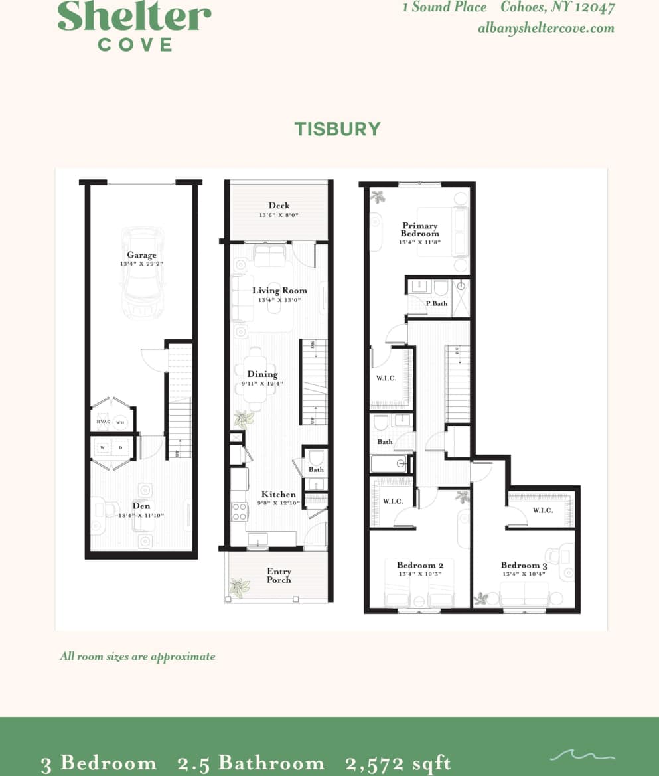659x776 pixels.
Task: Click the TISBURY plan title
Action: pos(337,128)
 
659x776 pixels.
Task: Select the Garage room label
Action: pos(142,255)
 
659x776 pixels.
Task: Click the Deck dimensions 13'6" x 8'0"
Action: pos(279,215)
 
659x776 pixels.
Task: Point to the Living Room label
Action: pos(279,290)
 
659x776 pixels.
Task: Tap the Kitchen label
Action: pos(279,495)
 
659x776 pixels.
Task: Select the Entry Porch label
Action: pos(279,575)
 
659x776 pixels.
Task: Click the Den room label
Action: pos(141,506)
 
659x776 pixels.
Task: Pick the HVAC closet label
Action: pos(103,422)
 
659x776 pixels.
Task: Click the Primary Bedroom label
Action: pos(419,230)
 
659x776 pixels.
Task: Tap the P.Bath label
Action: pos(436,303)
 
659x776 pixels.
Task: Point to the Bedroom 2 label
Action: pos(419,566)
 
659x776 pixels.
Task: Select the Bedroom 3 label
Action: pos(524,566)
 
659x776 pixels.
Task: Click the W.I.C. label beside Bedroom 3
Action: pos(542,510)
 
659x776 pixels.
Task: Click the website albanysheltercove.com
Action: pos(546,28)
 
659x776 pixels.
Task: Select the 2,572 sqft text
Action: pos(398,763)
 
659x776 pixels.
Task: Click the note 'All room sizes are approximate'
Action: pos(137,657)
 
